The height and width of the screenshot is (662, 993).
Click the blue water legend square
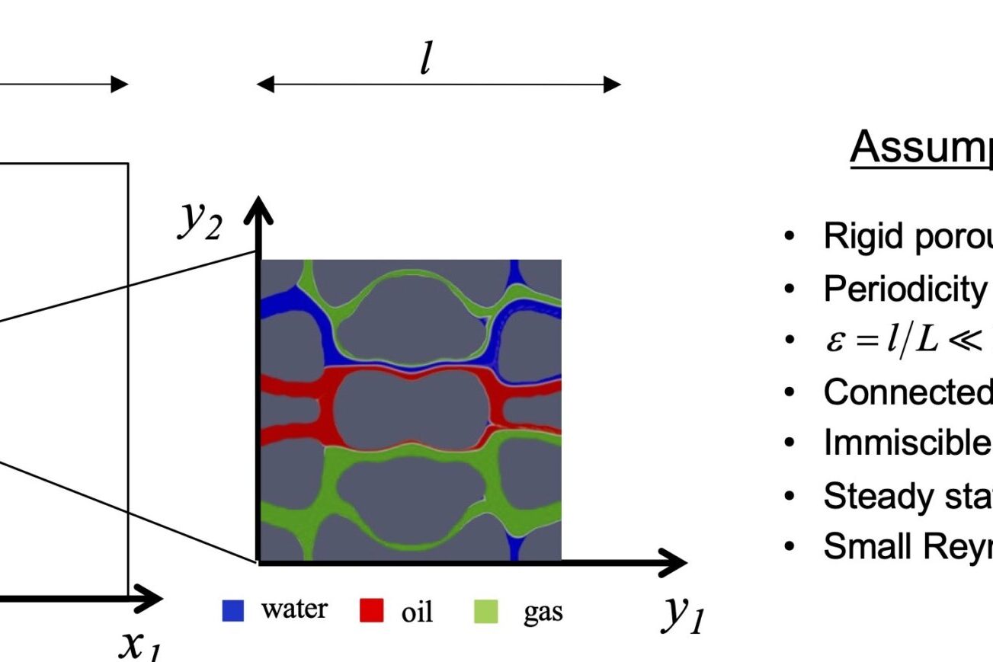tap(233, 611)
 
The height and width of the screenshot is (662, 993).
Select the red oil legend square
tap(371, 611)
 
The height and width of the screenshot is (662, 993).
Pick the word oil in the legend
tap(417, 611)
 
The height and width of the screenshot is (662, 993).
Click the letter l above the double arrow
tap(427, 58)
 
